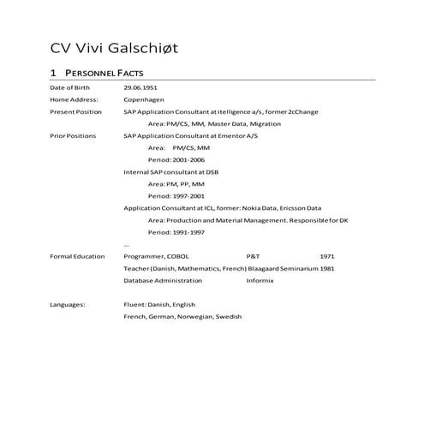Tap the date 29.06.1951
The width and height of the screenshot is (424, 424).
click(x=140, y=88)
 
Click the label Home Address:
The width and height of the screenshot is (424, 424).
click(x=75, y=100)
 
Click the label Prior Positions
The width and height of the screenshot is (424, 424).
click(x=73, y=136)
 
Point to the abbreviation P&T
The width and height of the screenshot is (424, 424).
click(x=253, y=256)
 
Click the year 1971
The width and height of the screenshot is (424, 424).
click(x=327, y=256)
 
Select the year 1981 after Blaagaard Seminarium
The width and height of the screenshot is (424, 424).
click(x=327, y=268)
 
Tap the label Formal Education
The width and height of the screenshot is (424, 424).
click(x=77, y=256)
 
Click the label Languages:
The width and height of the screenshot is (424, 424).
click(x=68, y=304)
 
